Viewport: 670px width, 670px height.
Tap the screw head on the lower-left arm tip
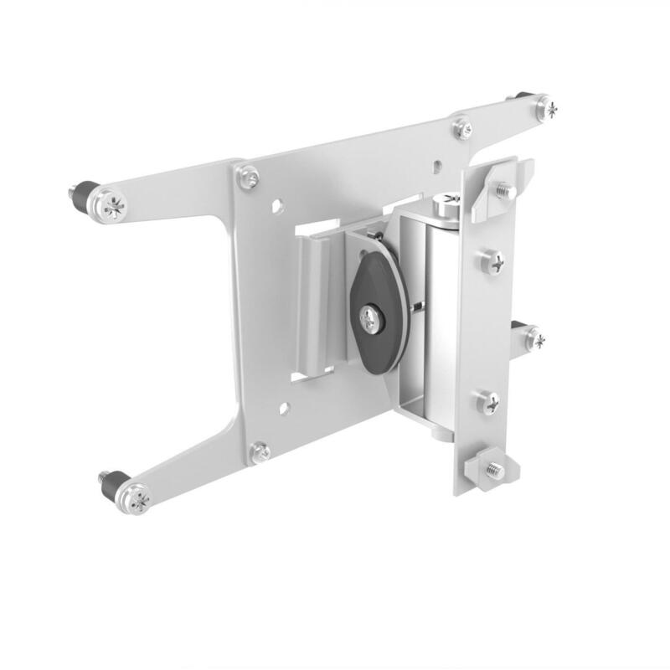[x=137, y=500]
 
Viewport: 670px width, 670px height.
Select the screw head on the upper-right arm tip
[x=546, y=107]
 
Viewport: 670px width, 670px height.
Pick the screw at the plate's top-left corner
[x=248, y=177]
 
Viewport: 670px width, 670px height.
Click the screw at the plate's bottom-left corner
[x=261, y=451]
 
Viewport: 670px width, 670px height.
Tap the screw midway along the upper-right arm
[x=462, y=129]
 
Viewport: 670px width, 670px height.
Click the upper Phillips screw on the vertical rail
[x=492, y=263]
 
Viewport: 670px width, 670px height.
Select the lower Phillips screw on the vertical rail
[x=490, y=403]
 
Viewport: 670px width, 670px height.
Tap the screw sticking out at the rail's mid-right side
[x=533, y=339]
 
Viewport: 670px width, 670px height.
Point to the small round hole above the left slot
[x=277, y=204]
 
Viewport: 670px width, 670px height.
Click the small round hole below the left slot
[x=285, y=409]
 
